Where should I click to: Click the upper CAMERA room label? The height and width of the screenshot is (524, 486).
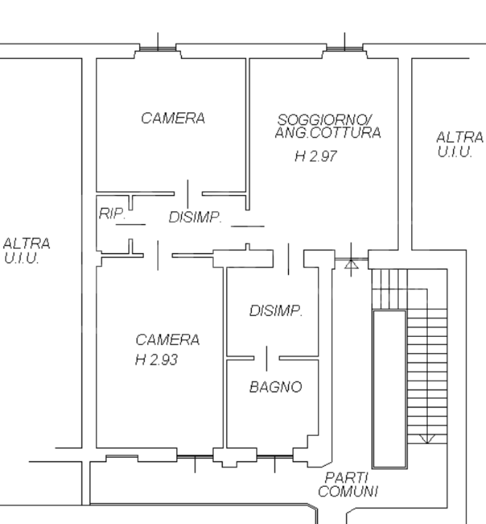point(172,118)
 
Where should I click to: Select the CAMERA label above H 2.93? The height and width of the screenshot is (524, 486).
point(167,340)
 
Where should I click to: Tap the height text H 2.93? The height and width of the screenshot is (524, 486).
point(156,360)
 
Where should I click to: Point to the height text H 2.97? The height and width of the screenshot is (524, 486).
point(315,156)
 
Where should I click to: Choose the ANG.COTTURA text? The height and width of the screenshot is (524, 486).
point(327,133)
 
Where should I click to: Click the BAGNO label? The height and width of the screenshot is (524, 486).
point(275,388)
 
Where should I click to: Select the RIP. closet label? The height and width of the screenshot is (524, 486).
point(112,214)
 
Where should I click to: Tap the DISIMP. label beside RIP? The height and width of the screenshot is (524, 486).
point(195,218)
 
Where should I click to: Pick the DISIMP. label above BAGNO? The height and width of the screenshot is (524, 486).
point(276,311)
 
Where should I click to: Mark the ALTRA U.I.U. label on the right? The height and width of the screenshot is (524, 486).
point(459,144)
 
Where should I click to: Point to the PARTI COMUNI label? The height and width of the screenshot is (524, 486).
point(347,484)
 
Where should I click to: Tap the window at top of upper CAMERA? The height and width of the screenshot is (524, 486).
point(158,49)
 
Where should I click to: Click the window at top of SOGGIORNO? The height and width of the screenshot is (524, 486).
point(344,49)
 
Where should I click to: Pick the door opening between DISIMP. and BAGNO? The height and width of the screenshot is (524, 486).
point(267,359)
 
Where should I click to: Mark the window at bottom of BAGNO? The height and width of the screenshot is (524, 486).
point(275,458)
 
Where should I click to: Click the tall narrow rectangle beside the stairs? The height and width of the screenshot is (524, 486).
point(389,389)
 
